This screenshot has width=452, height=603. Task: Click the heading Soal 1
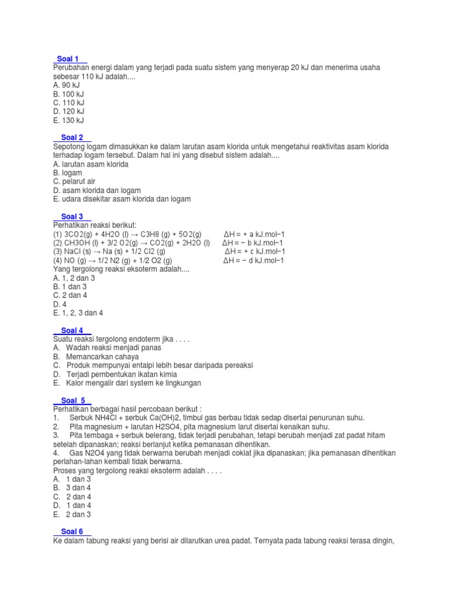click(69, 59)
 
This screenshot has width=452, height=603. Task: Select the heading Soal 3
click(72, 217)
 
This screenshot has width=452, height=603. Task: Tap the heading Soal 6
click(72, 531)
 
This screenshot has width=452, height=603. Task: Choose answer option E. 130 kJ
click(68, 120)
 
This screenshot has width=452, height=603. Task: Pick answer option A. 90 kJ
click(66, 85)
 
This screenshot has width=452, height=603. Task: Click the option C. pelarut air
click(74, 182)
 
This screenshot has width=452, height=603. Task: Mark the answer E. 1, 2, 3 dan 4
click(78, 313)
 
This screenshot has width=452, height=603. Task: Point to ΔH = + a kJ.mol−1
click(257, 234)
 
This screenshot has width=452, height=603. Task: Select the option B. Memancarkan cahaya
click(95, 357)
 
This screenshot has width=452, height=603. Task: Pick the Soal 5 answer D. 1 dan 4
click(71, 505)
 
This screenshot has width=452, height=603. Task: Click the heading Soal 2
click(72, 137)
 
